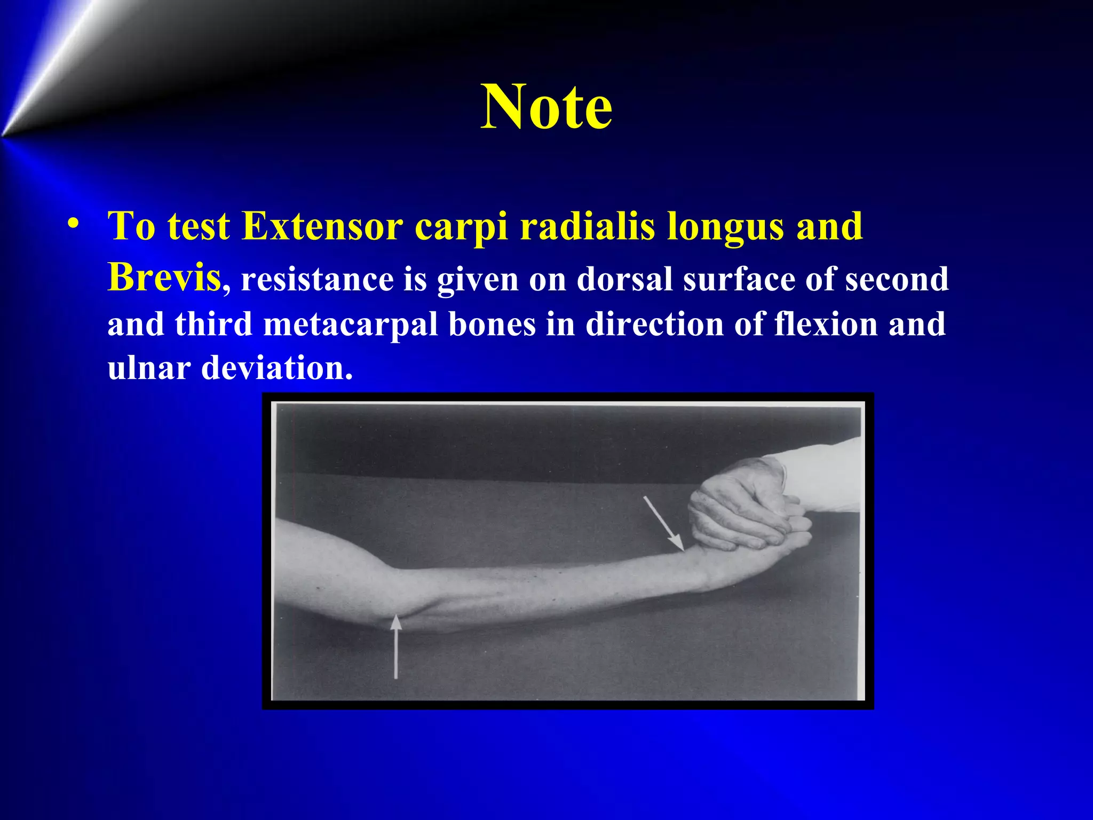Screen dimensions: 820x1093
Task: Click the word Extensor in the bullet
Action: coord(322,226)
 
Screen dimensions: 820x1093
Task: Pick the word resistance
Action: coord(317,279)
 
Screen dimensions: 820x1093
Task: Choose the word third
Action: coord(213,324)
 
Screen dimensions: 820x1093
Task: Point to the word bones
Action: coord(492,324)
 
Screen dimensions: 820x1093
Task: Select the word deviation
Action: coord(277,368)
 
